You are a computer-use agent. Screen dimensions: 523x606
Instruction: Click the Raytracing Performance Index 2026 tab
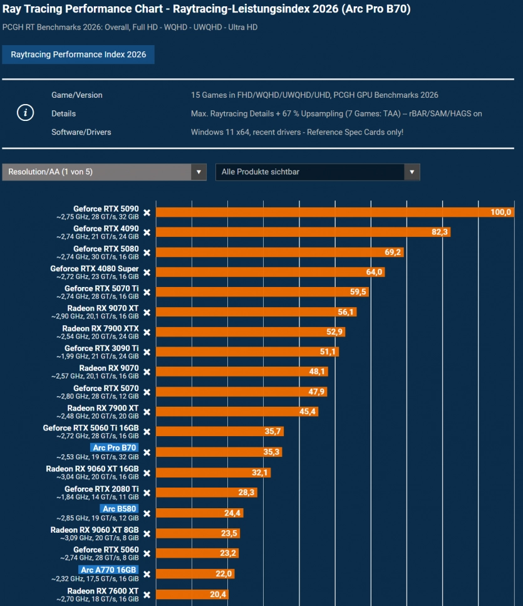[x=78, y=55]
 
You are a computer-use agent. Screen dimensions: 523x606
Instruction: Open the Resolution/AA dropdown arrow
[x=199, y=172]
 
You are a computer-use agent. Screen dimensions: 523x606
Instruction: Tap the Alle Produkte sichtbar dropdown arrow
[x=412, y=172]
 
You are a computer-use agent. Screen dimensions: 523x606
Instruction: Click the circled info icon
[x=26, y=113]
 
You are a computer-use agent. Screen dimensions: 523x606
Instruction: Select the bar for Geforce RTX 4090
[x=303, y=232]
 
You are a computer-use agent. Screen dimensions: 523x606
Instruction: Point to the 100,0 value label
[x=500, y=212]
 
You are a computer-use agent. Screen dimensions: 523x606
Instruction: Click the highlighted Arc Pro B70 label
[x=115, y=447]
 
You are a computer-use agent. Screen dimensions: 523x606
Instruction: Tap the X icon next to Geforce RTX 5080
[x=147, y=253]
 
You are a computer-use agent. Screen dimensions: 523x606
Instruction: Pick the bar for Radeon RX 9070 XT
[x=256, y=312]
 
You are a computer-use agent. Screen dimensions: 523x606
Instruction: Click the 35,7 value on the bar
[x=272, y=431]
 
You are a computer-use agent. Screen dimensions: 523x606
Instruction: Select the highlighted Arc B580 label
[x=119, y=509]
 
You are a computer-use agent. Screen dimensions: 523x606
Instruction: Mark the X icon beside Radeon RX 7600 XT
[x=147, y=595]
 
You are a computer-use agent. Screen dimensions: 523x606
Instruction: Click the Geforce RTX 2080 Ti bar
[x=207, y=493]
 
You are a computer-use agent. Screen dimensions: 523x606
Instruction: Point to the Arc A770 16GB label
[x=108, y=570]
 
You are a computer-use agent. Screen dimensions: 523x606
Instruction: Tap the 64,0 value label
[x=374, y=272]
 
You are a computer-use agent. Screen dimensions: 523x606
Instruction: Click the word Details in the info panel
[x=64, y=113]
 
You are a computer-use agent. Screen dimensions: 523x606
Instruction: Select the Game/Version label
[x=77, y=95]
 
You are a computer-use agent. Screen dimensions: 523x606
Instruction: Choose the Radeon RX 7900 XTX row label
[x=100, y=328]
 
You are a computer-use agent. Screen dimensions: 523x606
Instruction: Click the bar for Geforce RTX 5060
[x=197, y=553]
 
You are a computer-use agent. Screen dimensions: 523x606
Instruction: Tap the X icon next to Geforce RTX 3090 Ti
[x=147, y=352]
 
